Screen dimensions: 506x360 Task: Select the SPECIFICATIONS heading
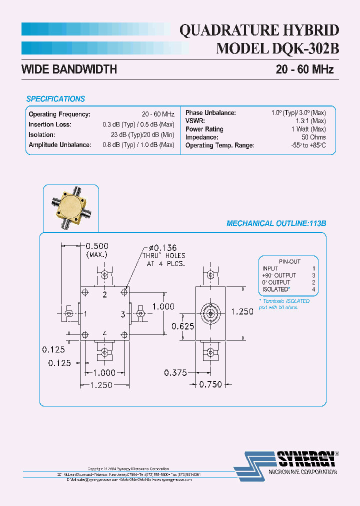(x=55, y=99)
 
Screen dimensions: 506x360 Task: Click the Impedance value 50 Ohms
(x=313, y=137)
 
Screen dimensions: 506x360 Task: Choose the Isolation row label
(x=42, y=134)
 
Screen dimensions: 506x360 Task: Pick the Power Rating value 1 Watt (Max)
(x=308, y=129)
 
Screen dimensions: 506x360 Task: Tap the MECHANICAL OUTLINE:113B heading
(x=276, y=224)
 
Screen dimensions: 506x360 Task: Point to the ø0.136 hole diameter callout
(x=165, y=248)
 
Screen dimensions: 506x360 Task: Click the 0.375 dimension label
(x=175, y=372)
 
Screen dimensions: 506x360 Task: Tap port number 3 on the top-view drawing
(x=122, y=314)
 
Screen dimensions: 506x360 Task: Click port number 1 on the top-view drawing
(x=86, y=314)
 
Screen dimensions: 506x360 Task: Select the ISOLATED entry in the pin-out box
(x=275, y=289)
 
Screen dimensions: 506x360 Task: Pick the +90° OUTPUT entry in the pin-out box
(x=279, y=275)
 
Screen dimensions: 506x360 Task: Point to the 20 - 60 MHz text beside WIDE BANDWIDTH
(x=304, y=69)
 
